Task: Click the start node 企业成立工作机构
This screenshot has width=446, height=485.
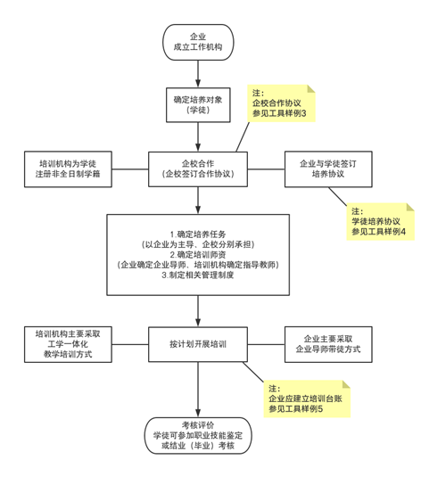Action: click(x=198, y=43)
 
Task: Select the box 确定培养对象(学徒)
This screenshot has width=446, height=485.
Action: click(x=198, y=105)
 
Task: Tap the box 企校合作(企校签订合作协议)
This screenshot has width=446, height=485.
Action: click(x=198, y=169)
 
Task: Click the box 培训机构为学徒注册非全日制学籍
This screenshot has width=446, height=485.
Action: click(x=68, y=169)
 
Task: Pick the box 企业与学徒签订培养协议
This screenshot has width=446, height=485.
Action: click(x=328, y=169)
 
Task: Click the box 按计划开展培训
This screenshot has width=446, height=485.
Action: click(x=198, y=344)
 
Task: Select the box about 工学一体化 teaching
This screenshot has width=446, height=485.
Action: click(x=68, y=344)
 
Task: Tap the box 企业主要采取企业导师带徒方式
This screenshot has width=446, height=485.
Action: click(x=328, y=344)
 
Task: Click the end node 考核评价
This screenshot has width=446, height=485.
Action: click(x=198, y=435)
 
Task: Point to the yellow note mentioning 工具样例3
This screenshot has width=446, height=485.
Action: click(x=281, y=103)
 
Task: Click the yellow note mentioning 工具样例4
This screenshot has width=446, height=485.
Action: click(x=380, y=221)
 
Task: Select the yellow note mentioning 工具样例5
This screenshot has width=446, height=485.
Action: click(x=307, y=399)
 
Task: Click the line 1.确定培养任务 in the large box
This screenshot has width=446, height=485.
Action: click(x=198, y=234)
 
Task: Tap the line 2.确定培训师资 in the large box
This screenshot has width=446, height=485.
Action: click(x=198, y=255)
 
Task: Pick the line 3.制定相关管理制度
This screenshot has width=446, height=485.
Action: click(x=198, y=275)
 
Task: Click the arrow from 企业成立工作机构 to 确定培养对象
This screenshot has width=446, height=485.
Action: click(x=198, y=74)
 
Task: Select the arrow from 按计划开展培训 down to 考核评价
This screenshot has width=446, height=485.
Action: click(x=198, y=390)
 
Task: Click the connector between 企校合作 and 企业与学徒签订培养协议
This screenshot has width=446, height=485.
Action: click(x=266, y=169)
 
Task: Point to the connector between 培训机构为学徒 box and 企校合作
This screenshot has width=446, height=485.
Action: click(x=130, y=169)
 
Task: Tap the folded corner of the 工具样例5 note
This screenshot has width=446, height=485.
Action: click(x=347, y=384)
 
